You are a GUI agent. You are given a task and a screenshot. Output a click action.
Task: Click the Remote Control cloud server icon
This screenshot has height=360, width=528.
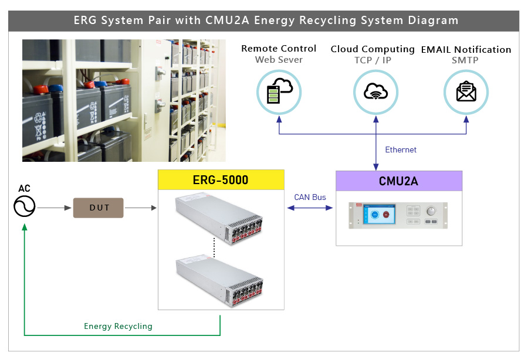pyautogui.click(x=279, y=92)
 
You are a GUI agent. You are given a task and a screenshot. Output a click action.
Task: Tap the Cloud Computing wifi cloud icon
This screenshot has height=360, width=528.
pyautogui.click(x=375, y=92)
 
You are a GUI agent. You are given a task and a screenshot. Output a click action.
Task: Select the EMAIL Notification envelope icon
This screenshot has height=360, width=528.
pyautogui.click(x=466, y=92)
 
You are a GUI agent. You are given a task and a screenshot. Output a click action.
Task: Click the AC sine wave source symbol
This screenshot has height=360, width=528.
pyautogui.click(x=25, y=206)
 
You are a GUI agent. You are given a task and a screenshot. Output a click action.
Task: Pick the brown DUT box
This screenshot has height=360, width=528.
pyautogui.click(x=99, y=208)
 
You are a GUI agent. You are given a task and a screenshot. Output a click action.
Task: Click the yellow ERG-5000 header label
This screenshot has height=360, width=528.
pyautogui.click(x=221, y=180)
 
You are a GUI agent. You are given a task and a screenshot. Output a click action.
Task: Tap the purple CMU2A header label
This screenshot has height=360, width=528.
pyautogui.click(x=398, y=181)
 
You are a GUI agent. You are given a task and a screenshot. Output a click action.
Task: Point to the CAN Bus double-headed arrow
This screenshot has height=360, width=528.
pyautogui.click(x=310, y=208)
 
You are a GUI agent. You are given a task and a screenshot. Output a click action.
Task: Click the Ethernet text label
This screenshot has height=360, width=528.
pyautogui.click(x=401, y=150)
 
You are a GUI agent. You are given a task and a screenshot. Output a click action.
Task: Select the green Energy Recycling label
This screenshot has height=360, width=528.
pyautogui.click(x=118, y=326)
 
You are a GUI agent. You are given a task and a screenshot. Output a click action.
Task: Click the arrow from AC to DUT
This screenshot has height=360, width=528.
pyautogui.click(x=53, y=208)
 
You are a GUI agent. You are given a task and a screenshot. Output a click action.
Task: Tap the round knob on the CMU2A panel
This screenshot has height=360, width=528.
pyautogui.click(x=431, y=211)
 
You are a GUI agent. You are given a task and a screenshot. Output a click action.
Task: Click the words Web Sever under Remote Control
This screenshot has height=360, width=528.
pyautogui.click(x=279, y=60)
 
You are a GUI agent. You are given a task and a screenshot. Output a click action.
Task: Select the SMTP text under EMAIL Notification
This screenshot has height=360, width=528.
pyautogui.click(x=465, y=60)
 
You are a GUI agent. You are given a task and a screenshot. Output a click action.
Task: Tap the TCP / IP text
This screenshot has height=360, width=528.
pyautogui.click(x=373, y=60)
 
